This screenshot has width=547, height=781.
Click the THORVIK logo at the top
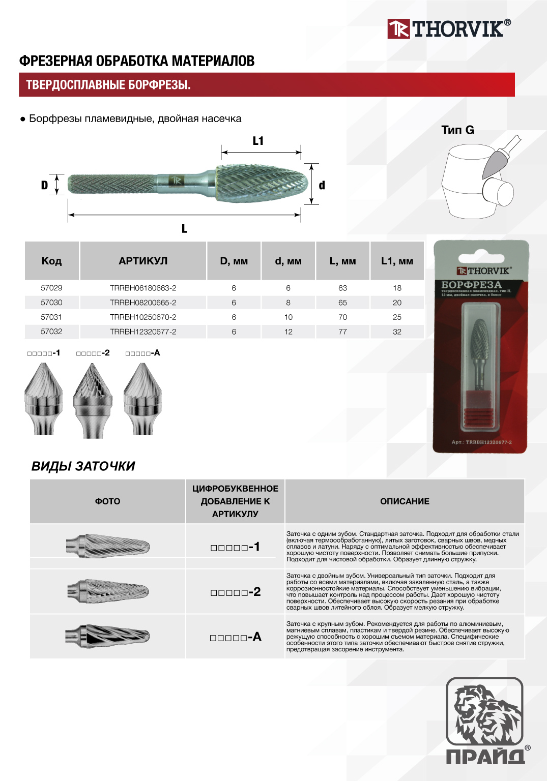[449, 29]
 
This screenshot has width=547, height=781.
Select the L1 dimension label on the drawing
[258, 141]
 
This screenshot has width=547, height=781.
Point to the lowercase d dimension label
[322, 185]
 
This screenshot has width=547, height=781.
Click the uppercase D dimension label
[44, 185]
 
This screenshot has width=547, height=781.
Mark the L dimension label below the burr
[184, 229]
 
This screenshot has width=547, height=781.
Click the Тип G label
[457, 130]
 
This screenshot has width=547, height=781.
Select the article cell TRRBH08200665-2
[143, 303]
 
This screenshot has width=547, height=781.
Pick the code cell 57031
[51, 317]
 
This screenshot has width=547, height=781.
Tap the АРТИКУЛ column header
[143, 261]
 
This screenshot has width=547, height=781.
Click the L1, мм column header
[397, 261]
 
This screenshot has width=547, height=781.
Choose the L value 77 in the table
[342, 332]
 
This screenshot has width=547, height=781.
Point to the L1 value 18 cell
[397, 288]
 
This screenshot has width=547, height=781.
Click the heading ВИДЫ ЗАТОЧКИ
[83, 466]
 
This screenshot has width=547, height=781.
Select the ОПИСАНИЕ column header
[405, 501]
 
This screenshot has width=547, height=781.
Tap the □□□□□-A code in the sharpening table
[236, 637]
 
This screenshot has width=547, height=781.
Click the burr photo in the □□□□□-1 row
[108, 546]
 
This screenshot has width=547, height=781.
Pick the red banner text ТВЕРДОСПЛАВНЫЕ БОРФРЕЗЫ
[108, 85]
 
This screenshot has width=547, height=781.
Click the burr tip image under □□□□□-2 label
[93, 400]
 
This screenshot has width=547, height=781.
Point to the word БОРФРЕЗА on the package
[471, 285]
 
